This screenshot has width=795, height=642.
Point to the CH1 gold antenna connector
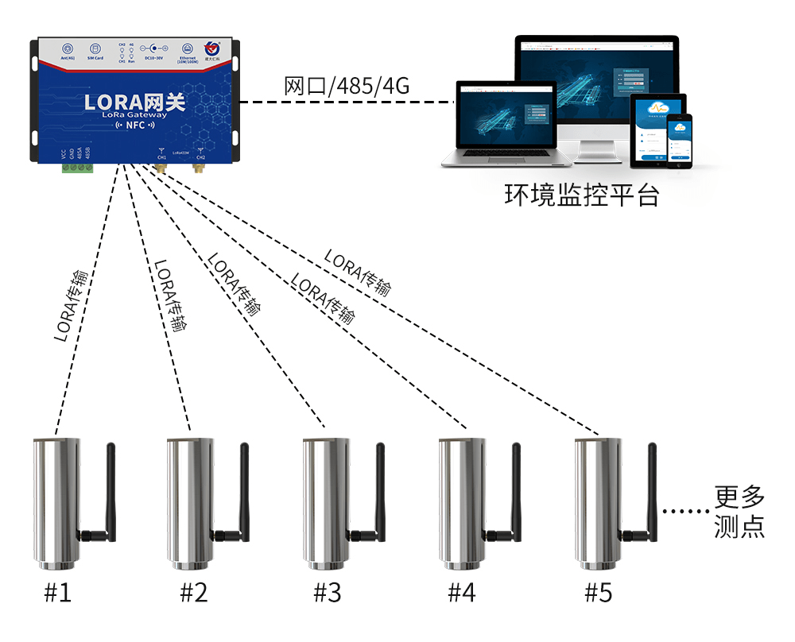coord(161,166)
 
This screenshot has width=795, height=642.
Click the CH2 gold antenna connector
coord(199,166)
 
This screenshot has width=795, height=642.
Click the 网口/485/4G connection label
coord(347,86)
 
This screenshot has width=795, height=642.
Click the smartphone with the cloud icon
coord(679,139)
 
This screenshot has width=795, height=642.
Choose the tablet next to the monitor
coord(656,132)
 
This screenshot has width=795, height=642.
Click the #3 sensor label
coord(327,593)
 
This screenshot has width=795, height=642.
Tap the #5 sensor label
coord(599,593)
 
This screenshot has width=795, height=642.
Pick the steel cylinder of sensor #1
coord(56,501)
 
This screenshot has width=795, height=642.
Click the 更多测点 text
coord(739,512)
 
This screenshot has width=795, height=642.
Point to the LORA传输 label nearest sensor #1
coord(72,306)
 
